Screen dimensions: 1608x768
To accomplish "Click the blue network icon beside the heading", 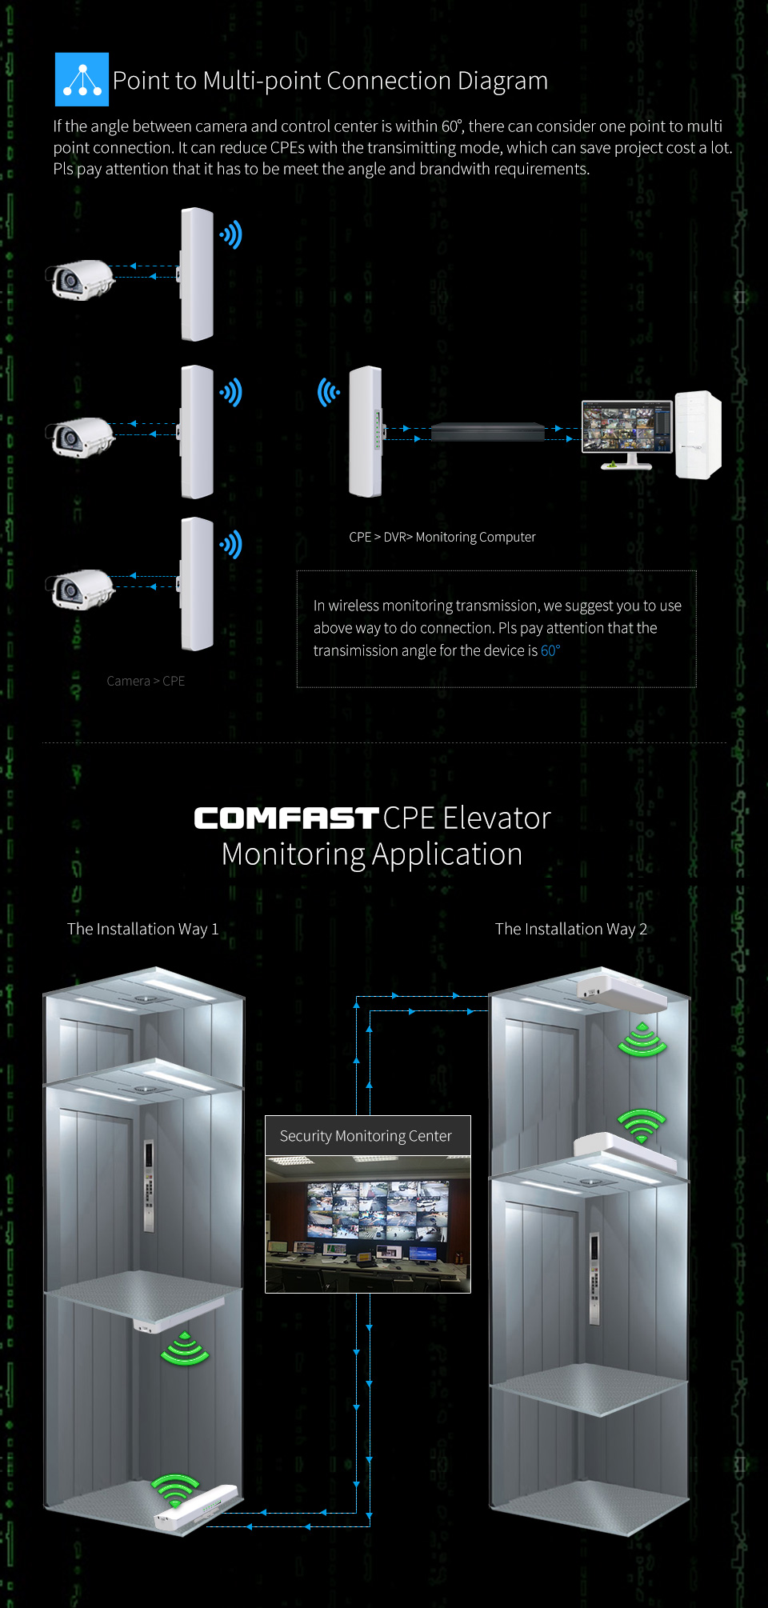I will pos(82,79).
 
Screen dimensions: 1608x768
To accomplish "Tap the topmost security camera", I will pos(80,279).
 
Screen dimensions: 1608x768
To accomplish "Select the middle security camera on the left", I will pos(80,437).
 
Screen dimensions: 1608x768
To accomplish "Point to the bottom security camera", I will pos(80,589).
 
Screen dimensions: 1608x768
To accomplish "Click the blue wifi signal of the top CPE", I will pos(231,235).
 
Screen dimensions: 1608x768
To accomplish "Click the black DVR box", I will pos(487,432).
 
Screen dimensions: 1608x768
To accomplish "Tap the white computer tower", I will pos(698,434).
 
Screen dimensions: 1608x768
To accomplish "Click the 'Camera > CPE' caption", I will pos(146,681).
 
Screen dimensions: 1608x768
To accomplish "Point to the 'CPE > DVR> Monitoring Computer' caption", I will pos(442,537).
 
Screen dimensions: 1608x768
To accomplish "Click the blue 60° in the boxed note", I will pos(550,650).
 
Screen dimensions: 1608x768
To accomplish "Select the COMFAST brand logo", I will pos(286,818).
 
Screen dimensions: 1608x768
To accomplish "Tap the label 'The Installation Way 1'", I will pos(142,929).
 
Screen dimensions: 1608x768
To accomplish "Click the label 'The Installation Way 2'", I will pos(570,929).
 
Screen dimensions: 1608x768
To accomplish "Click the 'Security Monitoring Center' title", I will pos(366,1136).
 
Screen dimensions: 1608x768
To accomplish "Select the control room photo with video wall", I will pos(368,1223).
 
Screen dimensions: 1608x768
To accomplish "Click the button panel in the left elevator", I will pos(149,1184).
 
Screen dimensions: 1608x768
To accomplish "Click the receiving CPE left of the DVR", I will pos(366,431).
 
